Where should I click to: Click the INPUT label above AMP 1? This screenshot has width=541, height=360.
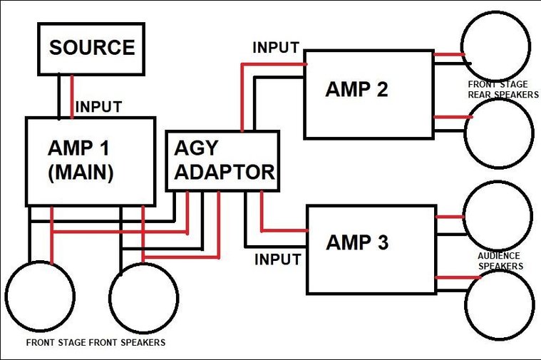click(98, 107)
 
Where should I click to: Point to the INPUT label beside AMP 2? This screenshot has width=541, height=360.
click(276, 48)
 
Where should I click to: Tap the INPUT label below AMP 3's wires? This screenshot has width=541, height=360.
click(278, 259)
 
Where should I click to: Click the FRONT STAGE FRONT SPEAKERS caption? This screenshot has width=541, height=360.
click(96, 342)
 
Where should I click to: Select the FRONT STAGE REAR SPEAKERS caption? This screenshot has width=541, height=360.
click(503, 89)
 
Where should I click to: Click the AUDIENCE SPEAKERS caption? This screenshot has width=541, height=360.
click(500, 261)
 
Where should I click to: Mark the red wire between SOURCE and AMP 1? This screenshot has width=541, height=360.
click(72, 96)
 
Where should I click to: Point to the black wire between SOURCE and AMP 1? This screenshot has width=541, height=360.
click(59, 96)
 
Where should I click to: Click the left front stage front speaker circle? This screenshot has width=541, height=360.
click(6, 296)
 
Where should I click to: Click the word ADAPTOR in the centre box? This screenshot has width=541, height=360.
click(225, 172)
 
